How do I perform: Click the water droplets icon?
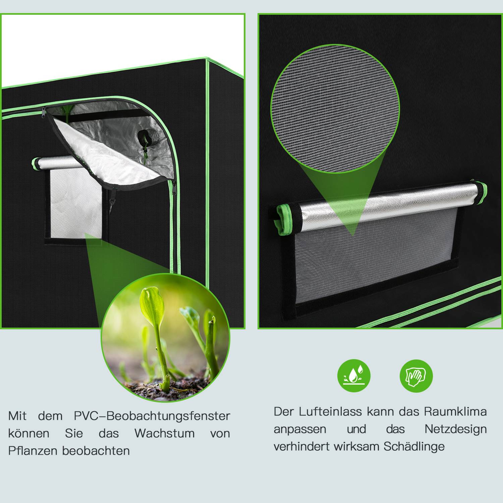[354, 376]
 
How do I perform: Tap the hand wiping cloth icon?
[416, 376]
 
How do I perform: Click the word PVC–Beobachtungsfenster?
[152, 416]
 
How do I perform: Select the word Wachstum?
[164, 433]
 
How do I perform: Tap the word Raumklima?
[455, 411]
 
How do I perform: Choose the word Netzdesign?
[455, 429]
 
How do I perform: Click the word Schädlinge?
[414, 446]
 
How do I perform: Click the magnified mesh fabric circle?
[335, 108]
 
